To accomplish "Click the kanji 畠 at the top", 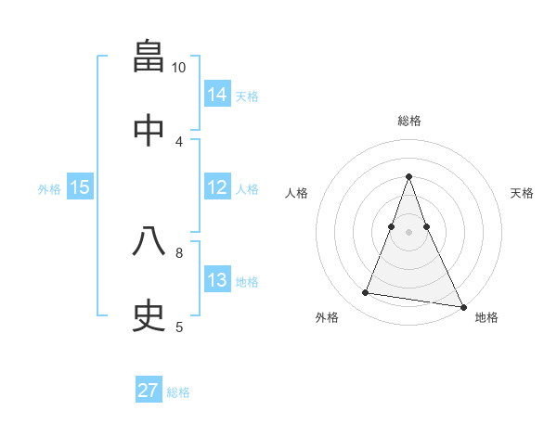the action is (x=149, y=57).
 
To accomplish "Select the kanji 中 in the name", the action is (x=149, y=130).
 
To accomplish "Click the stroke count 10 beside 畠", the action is (x=179, y=68).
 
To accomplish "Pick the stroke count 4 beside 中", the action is (x=179, y=141).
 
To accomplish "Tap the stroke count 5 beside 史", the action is (x=179, y=327).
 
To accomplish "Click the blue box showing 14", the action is (x=217, y=95).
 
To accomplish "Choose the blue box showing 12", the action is (x=217, y=187).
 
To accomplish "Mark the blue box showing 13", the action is (x=217, y=280).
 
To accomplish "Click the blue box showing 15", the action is (x=80, y=187).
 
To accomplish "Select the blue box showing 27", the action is (x=149, y=391).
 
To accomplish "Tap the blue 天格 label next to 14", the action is (x=247, y=96).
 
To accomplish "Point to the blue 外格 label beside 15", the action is (x=49, y=189).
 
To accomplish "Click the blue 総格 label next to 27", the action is (x=178, y=392).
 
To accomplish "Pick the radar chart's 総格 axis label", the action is (x=408, y=121).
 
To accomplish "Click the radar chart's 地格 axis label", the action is (x=486, y=318).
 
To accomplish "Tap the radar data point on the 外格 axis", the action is (x=366, y=293).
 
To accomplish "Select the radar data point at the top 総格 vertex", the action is (x=408, y=176).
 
